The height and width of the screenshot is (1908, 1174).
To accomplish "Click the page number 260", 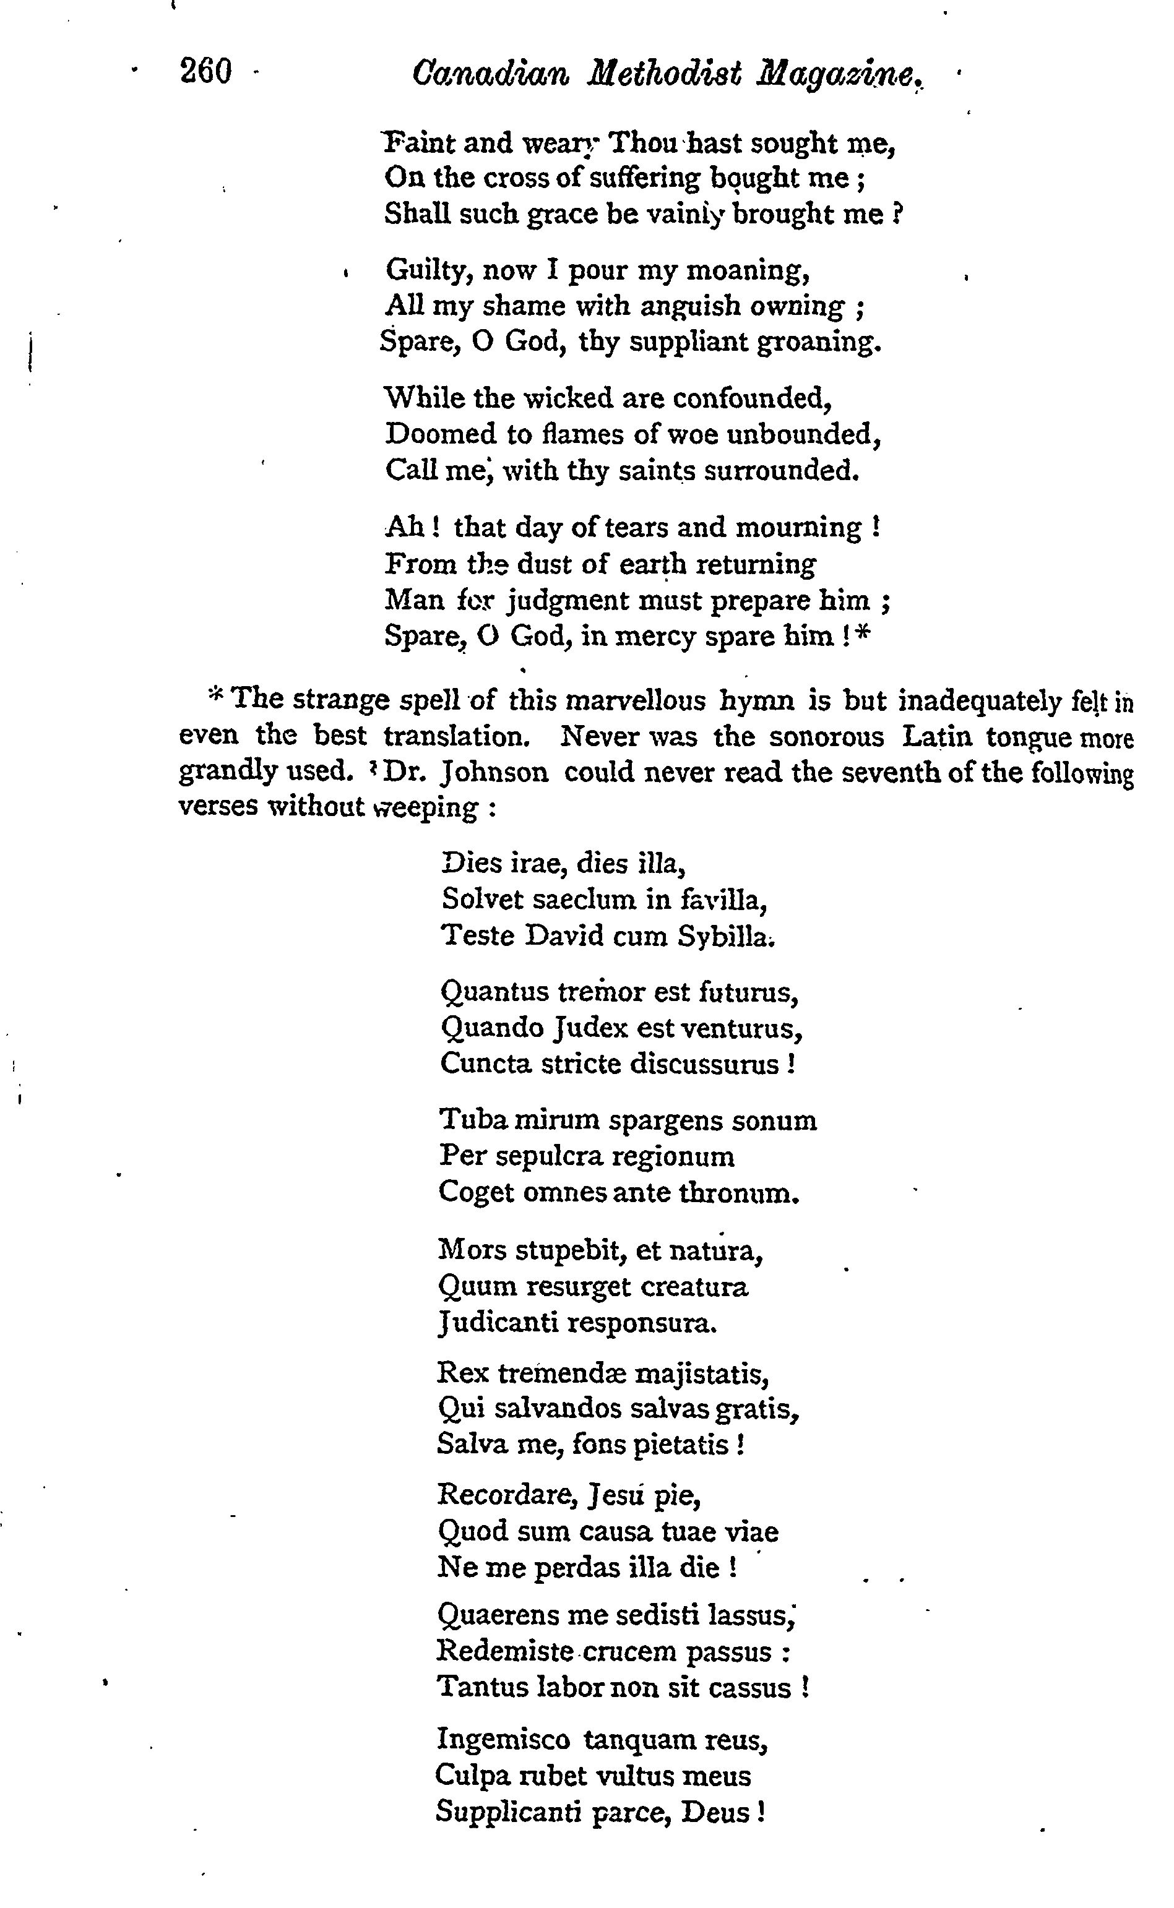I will (x=205, y=72).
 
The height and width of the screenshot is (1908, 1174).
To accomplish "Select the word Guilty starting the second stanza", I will (x=429, y=271).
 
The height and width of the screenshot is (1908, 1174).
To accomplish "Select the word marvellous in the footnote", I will (x=636, y=701).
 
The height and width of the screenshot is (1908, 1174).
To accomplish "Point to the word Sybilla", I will (x=725, y=936).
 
